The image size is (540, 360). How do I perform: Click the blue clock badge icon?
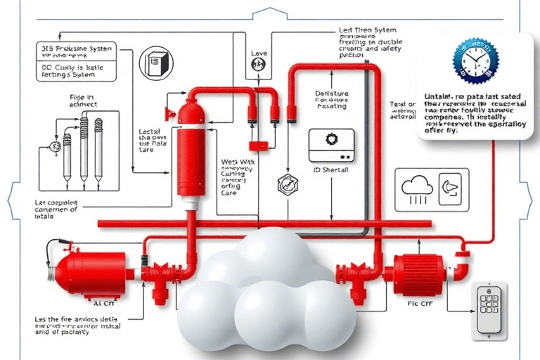[x=475, y=63]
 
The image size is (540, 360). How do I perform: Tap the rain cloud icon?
[x=416, y=186]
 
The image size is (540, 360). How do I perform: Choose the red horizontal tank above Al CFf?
[x=90, y=270]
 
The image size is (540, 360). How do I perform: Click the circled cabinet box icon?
[x=154, y=63]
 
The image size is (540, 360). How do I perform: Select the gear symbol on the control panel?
[x=332, y=139]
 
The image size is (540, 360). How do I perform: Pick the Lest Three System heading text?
[x=367, y=31]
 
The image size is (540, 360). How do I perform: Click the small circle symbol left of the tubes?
[x=54, y=147]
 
